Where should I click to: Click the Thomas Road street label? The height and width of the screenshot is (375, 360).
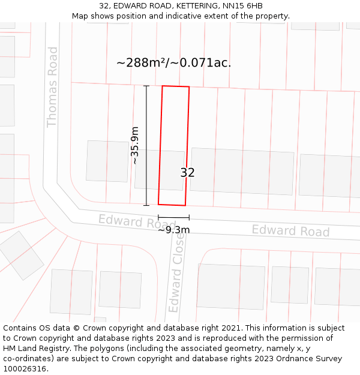point(52,87)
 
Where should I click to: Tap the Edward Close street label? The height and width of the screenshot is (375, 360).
point(176,273)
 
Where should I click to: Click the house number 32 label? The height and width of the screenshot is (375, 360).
point(187,173)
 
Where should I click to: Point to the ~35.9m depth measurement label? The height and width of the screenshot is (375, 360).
point(135,145)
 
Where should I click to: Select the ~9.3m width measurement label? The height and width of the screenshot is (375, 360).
point(174,229)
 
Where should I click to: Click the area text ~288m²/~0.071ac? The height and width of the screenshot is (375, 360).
point(173,62)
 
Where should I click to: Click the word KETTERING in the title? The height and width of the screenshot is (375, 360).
point(193,6)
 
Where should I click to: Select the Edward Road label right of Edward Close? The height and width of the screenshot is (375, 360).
point(290,230)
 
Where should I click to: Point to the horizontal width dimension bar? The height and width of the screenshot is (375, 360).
point(173,217)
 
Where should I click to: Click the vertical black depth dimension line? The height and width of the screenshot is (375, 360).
point(146,146)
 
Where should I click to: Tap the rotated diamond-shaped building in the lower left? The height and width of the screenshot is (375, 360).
point(20,255)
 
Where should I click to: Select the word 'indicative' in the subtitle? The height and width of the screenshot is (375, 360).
point(183,16)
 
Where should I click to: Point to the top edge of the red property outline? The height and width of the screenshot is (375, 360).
point(176,86)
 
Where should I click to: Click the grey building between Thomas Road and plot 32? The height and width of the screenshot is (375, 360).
point(107,161)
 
